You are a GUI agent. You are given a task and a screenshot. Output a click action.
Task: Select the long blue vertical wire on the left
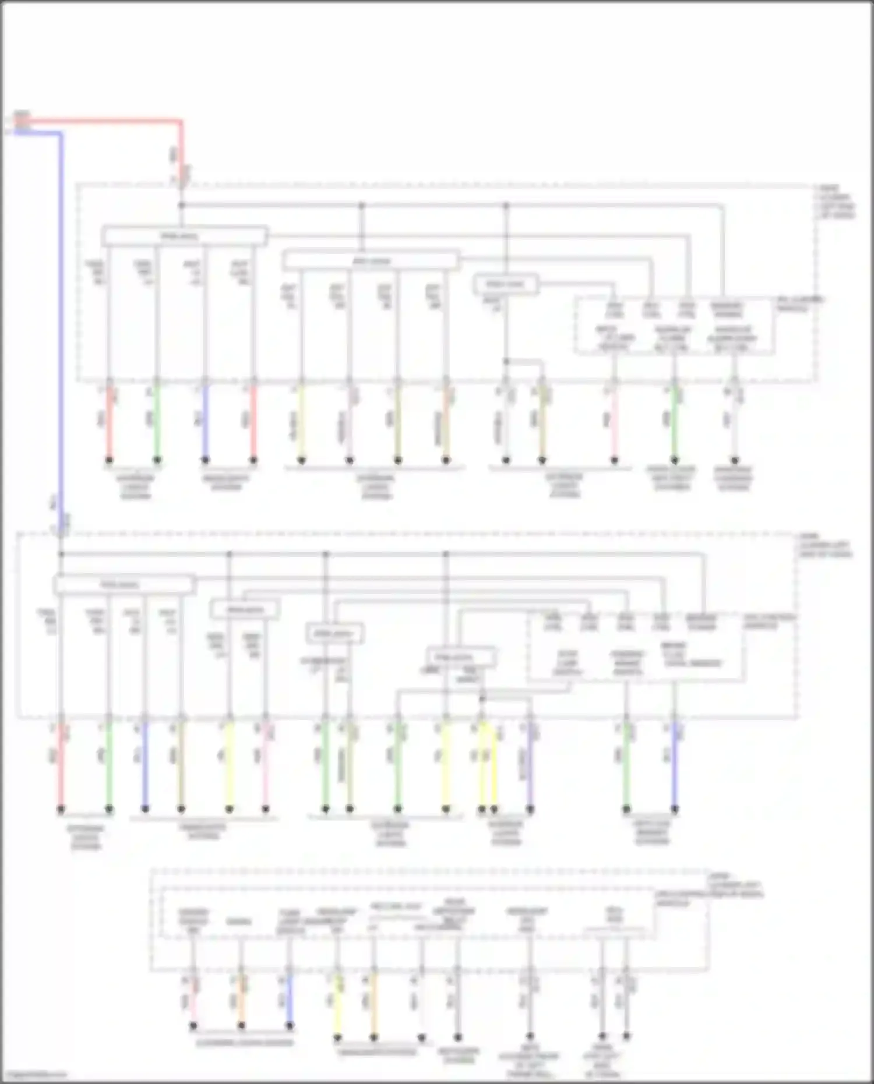61,320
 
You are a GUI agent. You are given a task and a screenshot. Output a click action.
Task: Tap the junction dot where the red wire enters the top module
181,205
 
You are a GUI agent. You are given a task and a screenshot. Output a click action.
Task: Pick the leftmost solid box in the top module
184,236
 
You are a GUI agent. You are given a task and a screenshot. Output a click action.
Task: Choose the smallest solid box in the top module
505,284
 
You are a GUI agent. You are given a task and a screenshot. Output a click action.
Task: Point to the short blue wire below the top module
205,422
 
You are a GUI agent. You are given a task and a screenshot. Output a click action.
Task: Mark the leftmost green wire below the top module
157,422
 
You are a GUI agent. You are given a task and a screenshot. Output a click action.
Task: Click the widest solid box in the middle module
124,584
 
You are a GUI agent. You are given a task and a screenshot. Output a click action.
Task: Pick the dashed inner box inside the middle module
635,647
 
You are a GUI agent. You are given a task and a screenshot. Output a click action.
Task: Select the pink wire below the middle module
266,766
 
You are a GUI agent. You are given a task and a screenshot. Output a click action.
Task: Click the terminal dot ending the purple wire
530,809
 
